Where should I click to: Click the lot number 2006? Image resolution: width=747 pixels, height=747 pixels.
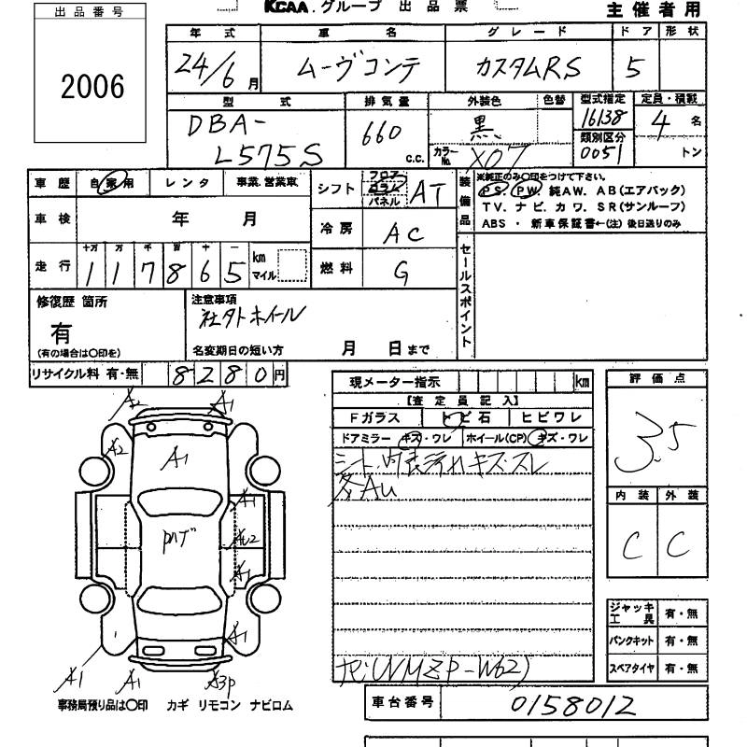[x=92, y=86]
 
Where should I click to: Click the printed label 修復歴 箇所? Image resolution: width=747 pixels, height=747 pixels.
[x=72, y=302]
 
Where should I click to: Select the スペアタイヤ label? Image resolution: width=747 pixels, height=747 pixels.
[x=631, y=669]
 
